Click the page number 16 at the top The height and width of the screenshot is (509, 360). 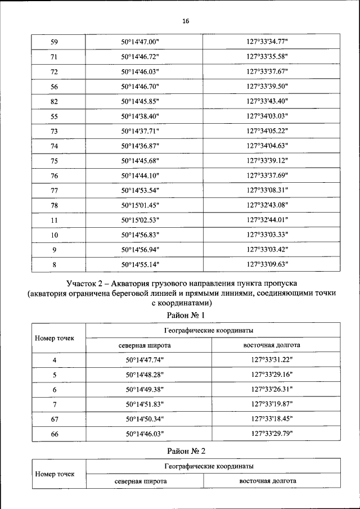tap(186, 21)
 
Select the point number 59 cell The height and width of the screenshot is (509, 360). tap(55, 42)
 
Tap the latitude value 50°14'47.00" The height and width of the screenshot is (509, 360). tap(141, 42)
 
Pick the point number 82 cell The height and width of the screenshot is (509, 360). tap(55, 101)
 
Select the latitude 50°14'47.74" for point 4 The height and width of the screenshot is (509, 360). tap(148, 360)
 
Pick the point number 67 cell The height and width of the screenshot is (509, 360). tap(55, 418)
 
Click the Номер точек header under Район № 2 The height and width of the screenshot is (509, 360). tap(55, 474)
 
